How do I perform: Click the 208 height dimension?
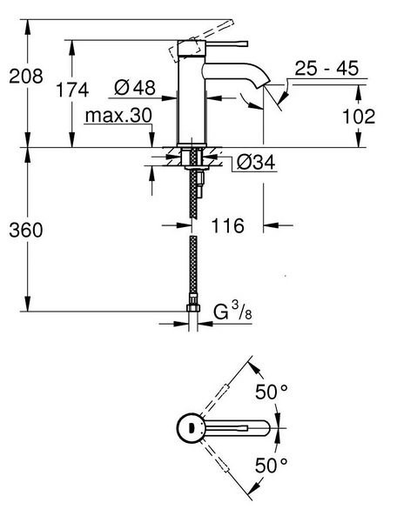(26, 76)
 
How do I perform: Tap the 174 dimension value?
(72, 90)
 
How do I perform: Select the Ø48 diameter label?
(135, 88)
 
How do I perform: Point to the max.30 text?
(118, 116)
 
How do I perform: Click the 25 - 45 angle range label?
(326, 68)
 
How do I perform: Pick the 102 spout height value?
(359, 117)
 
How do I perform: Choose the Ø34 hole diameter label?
(256, 162)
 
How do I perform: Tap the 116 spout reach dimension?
(228, 225)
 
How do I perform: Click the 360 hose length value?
(26, 230)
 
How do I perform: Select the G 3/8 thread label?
(232, 311)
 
